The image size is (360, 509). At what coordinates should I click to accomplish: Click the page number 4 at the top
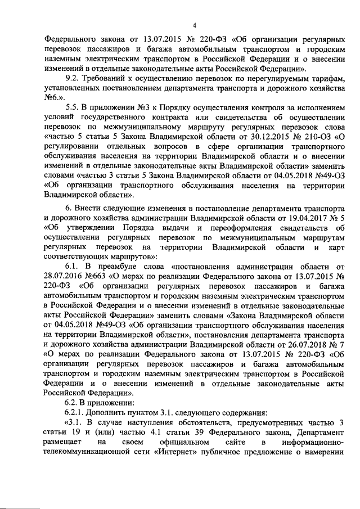point(194,25)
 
